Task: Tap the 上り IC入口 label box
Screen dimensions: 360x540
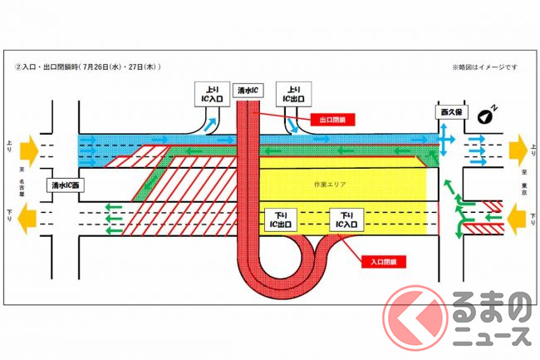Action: click(x=207, y=92)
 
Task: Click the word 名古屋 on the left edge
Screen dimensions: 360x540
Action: click(x=34, y=185)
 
